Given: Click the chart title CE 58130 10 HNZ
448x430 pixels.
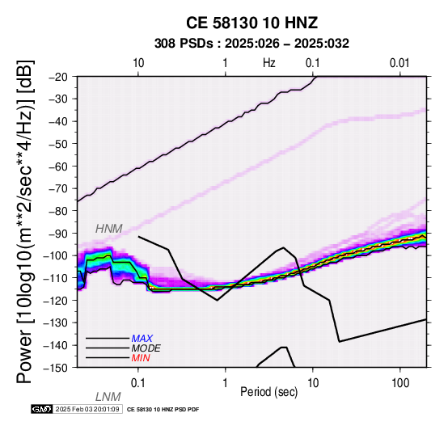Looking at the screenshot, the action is [x=251, y=23].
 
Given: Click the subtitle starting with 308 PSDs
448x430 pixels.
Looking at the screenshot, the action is [x=251, y=44].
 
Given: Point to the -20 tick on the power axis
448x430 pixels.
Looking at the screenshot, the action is [x=59, y=77].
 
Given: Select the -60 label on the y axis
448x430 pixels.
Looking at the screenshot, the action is [x=59, y=167].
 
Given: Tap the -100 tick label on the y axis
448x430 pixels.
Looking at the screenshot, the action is [x=57, y=255].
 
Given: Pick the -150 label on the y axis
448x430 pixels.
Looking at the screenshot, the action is [x=57, y=368].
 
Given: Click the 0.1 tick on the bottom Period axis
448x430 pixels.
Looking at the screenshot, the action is [x=138, y=383].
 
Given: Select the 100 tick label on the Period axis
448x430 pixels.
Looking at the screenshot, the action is [x=400, y=383].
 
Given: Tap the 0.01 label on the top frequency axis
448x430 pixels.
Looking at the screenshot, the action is [x=399, y=63].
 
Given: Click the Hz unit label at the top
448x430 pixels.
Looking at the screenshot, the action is [x=268, y=63].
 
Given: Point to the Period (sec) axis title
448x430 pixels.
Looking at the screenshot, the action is [x=268, y=392].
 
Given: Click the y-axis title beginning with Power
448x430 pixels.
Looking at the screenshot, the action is [x=25, y=221].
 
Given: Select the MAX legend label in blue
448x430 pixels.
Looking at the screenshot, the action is [x=142, y=339].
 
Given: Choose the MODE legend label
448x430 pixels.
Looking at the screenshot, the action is [x=146, y=348].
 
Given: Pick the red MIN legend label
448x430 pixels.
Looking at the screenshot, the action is [x=141, y=358].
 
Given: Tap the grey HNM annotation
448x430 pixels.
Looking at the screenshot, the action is [x=109, y=229].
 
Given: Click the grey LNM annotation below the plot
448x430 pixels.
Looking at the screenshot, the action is [x=108, y=397].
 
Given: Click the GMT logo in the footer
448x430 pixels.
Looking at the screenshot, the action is [x=42, y=409].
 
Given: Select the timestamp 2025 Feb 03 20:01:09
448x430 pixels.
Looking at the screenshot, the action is [x=87, y=409].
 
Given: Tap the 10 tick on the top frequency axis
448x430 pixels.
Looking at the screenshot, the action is [x=138, y=63].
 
